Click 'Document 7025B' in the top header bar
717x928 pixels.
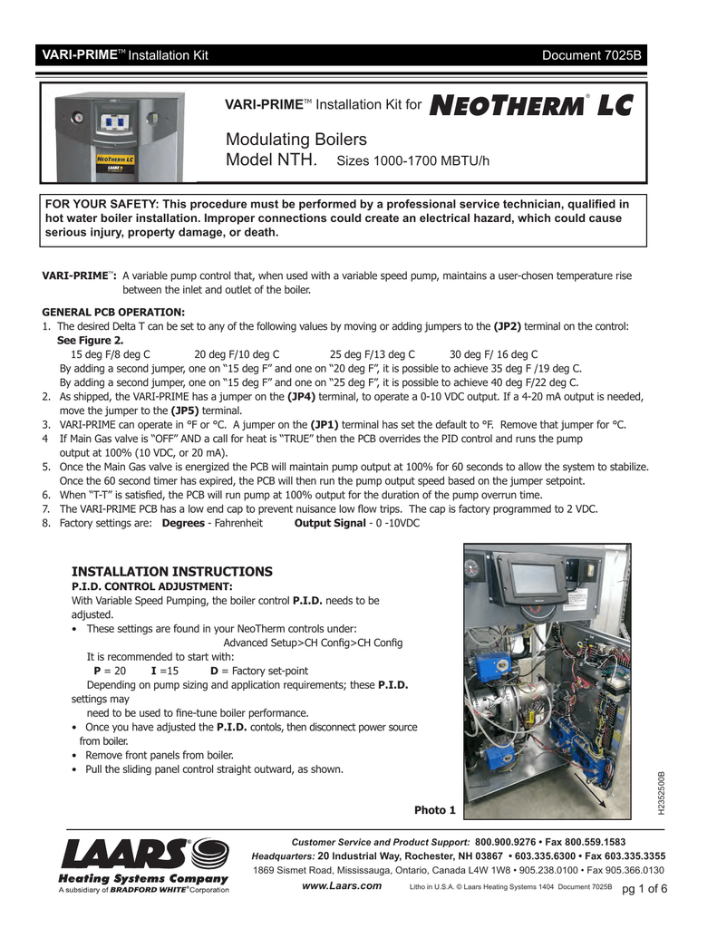point(592,55)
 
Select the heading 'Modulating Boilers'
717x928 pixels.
point(296,140)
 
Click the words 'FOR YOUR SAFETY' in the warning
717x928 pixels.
point(92,204)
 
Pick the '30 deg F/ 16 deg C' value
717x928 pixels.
point(494,354)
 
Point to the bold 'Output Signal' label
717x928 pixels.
point(325,524)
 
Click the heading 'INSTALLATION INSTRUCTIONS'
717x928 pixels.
point(171,572)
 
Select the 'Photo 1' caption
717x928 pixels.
point(434,809)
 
